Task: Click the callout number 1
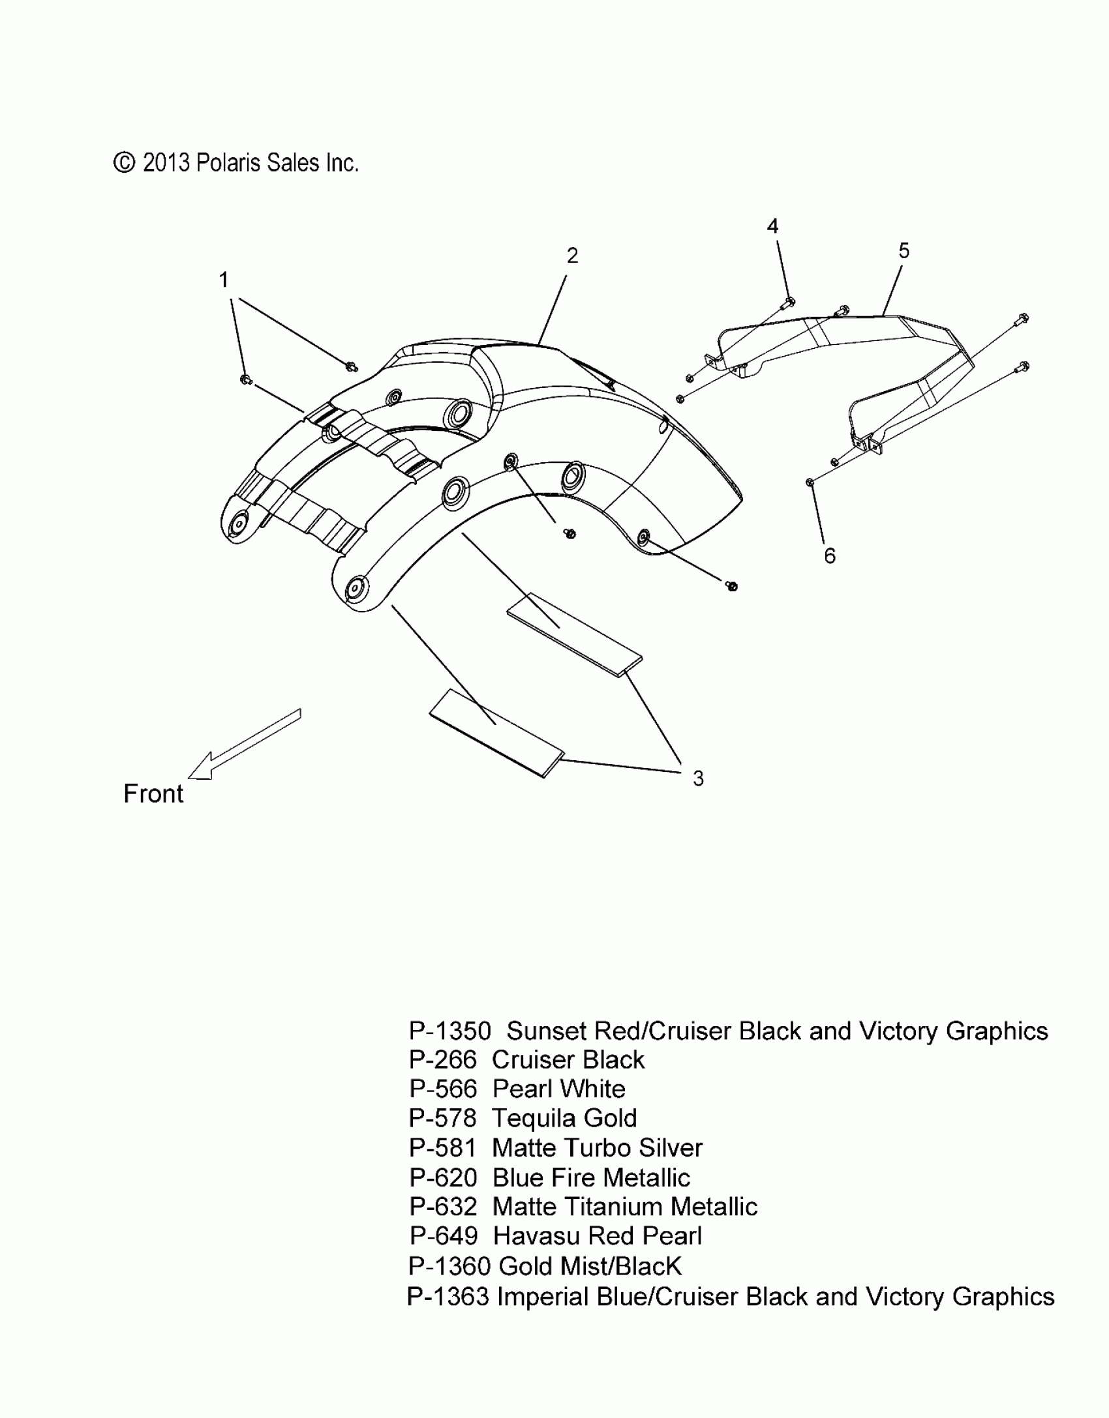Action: click(x=224, y=280)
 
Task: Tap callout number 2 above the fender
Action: click(x=572, y=256)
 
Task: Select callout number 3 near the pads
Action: click(x=698, y=778)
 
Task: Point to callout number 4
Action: click(x=772, y=226)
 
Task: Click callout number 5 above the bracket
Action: click(x=904, y=250)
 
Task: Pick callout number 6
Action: click(x=829, y=556)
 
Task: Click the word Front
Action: click(x=153, y=793)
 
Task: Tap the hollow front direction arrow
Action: click(x=241, y=745)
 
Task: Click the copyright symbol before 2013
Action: click(x=123, y=162)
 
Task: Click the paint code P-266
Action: click(x=443, y=1060)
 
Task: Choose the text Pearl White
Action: click(x=558, y=1089)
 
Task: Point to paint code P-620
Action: click(x=443, y=1178)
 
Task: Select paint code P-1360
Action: click(x=449, y=1266)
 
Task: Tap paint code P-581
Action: click(x=443, y=1148)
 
